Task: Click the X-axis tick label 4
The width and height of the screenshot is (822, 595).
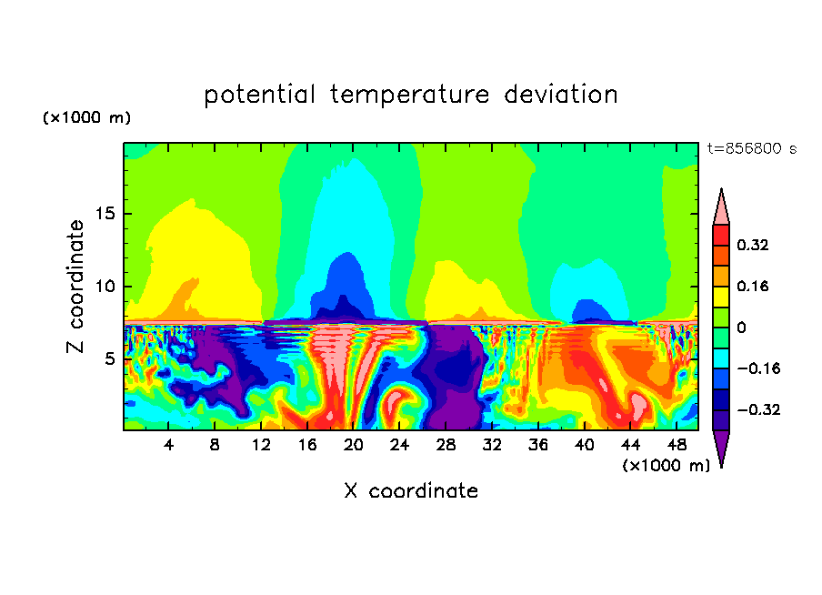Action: [169, 446]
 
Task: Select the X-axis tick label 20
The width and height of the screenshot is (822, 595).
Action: [353, 446]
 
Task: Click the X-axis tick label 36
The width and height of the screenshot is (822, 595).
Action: [537, 446]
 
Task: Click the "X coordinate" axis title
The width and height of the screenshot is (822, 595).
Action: [411, 491]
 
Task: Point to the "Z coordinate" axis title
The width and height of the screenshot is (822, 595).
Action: [76, 287]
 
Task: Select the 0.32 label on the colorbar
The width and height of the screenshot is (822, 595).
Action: [753, 245]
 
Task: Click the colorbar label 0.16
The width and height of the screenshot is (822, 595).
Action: [753, 286]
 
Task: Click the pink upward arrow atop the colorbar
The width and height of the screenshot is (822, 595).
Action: [720, 207]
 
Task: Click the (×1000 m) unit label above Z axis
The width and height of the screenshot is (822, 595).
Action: [87, 118]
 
